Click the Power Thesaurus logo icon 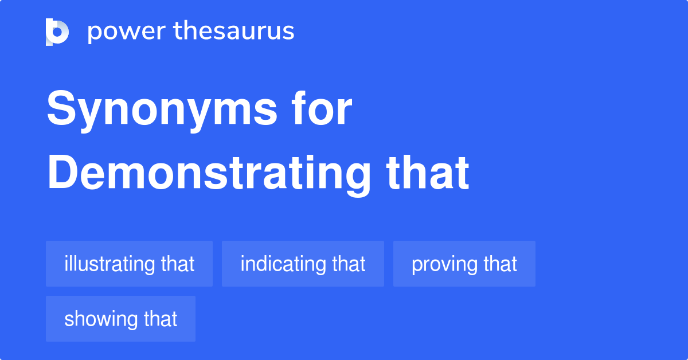pyautogui.click(x=57, y=32)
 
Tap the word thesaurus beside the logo pyautogui.click(x=234, y=32)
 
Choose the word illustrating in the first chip pyautogui.click(x=110, y=264)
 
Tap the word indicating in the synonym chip pyautogui.click(x=283, y=264)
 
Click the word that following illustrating pyautogui.click(x=178, y=264)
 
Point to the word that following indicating pyautogui.click(x=349, y=264)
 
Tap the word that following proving pyautogui.click(x=501, y=264)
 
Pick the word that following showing pyautogui.click(x=161, y=319)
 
